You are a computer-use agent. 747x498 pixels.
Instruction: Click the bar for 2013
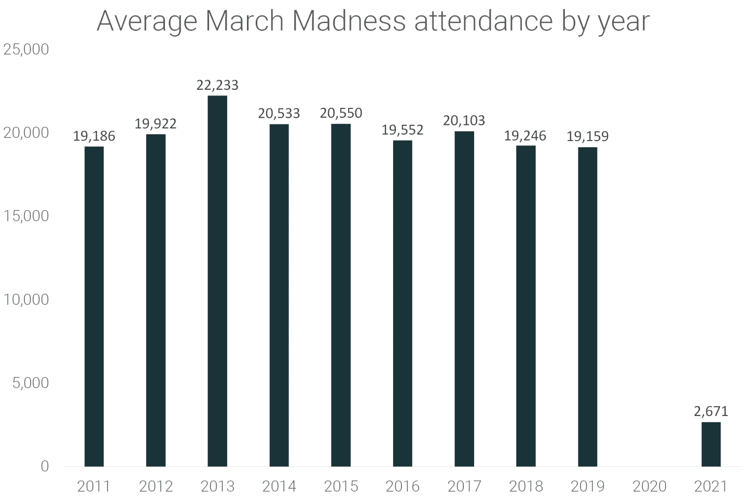(217, 281)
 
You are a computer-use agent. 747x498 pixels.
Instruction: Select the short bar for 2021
(711, 444)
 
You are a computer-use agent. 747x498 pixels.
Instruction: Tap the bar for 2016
(403, 303)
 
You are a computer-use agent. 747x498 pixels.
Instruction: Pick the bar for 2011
(94, 306)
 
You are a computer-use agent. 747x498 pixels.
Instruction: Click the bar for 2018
(525, 306)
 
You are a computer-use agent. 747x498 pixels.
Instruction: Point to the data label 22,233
(217, 85)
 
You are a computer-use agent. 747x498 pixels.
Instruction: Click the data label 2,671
(711, 411)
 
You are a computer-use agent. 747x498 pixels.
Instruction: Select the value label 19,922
(156, 124)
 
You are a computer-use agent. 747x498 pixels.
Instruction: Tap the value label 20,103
(464, 120)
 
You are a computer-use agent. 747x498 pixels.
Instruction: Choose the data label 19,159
(587, 136)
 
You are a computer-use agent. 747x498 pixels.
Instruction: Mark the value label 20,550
(341, 113)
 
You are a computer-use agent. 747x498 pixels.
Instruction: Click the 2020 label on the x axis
(649, 486)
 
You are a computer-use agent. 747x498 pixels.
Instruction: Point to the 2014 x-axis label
(279, 486)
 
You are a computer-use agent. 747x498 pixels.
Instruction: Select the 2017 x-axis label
(464, 486)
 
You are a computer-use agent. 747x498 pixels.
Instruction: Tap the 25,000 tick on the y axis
(26, 49)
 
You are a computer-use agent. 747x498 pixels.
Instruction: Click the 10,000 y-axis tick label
(26, 299)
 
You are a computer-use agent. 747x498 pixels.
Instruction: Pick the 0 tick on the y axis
(45, 466)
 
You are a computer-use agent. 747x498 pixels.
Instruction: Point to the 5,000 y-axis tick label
(30, 383)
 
